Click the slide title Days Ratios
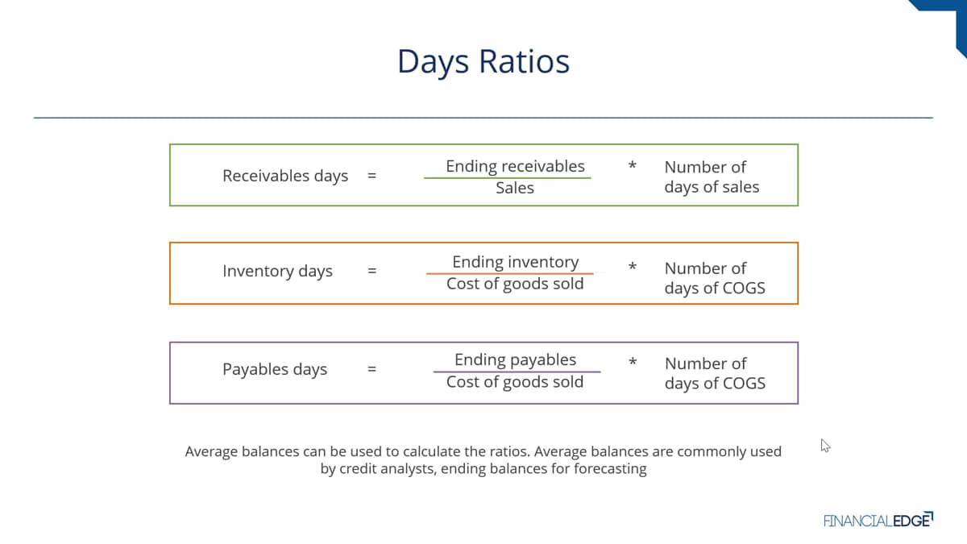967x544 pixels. [x=483, y=62]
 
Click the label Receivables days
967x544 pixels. [x=285, y=176]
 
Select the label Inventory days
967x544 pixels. [x=277, y=272]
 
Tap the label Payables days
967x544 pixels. [x=275, y=370]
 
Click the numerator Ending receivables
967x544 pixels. [x=515, y=167]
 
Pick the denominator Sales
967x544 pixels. [x=515, y=188]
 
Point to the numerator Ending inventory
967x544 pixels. [x=516, y=263]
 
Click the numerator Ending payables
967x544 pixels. [x=515, y=360]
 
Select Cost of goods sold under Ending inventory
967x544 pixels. [x=515, y=284]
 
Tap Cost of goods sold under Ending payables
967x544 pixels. [x=515, y=382]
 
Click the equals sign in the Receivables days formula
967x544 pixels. [x=371, y=176]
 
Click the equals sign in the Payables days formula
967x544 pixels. [x=371, y=369]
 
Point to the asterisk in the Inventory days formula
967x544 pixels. [x=633, y=266]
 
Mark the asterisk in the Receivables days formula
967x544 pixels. [x=633, y=165]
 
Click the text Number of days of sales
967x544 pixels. [x=712, y=177]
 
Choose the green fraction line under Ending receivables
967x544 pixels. [x=507, y=178]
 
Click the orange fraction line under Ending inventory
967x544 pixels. [x=510, y=273]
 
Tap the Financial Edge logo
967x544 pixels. [x=878, y=521]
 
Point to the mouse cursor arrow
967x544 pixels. [x=825, y=446]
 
